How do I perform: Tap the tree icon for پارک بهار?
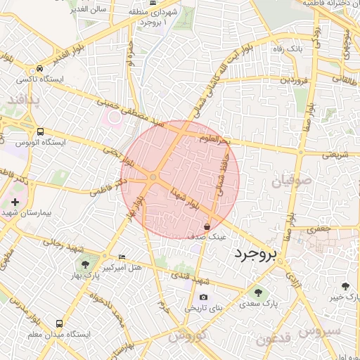click(86, 265)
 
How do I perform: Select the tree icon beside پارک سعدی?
click(258, 292)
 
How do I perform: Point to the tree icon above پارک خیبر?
click(345, 286)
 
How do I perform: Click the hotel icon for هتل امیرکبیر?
click(122, 257)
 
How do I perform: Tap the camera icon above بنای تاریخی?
click(204, 297)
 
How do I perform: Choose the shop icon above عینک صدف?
click(207, 227)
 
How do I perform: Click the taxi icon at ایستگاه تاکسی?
click(41, 69)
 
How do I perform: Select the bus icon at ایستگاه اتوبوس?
click(41, 131)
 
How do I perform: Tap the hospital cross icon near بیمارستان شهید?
click(15, 202)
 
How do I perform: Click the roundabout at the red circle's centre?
click(153, 177)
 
